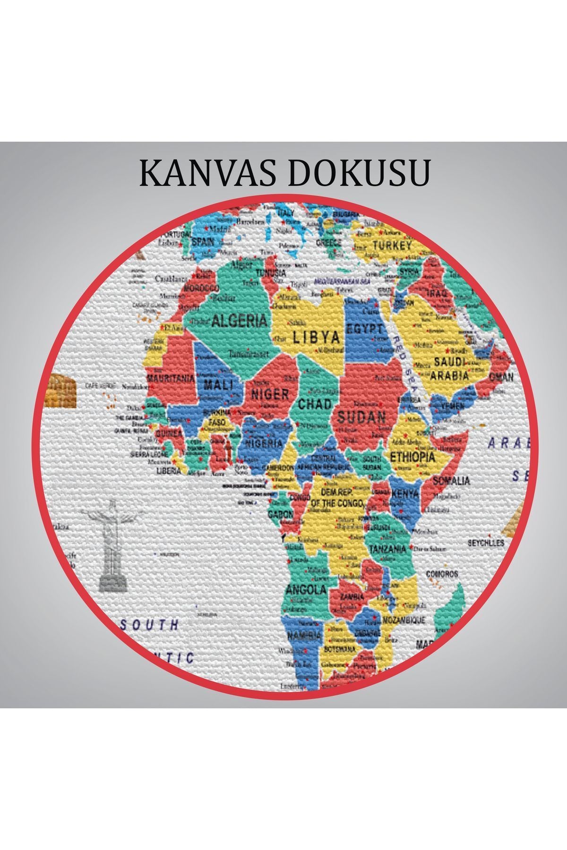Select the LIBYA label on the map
317,337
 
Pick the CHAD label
314,404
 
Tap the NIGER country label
270,394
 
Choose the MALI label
218,384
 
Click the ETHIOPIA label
412,457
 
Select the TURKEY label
392,246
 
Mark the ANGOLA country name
306,589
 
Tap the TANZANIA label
387,549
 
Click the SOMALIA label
451,481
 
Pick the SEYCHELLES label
486,543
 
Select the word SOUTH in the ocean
149,625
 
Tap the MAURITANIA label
171,378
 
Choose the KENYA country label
405,494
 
